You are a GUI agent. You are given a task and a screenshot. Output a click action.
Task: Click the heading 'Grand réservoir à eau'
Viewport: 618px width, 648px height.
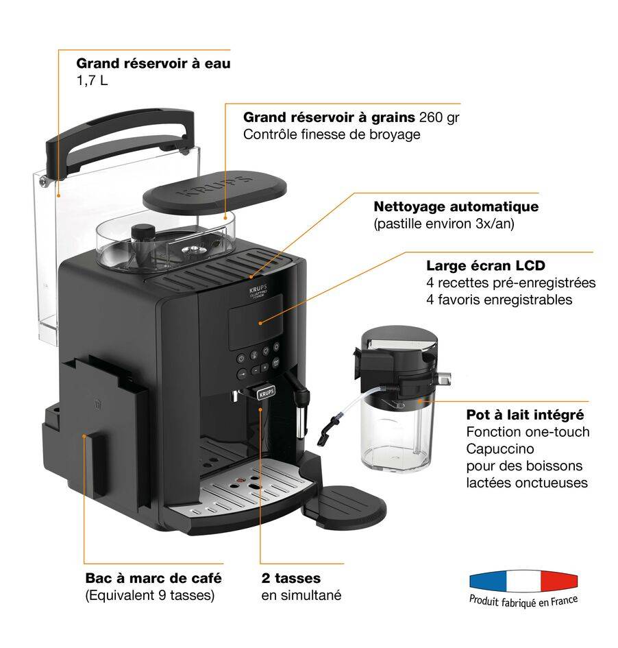click(x=153, y=64)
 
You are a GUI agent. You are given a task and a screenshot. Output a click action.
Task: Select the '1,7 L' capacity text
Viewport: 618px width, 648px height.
click(x=92, y=81)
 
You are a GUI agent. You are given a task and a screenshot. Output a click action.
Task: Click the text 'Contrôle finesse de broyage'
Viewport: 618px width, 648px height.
click(x=332, y=134)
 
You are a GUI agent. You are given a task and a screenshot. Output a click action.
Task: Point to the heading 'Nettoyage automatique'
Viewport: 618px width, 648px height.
click(x=456, y=206)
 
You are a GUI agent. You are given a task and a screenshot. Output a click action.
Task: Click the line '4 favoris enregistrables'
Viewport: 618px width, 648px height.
click(x=499, y=300)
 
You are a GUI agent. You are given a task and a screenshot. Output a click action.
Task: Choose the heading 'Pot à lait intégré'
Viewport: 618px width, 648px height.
click(x=525, y=415)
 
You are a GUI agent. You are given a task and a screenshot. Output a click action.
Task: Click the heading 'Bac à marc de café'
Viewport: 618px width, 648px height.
click(x=153, y=578)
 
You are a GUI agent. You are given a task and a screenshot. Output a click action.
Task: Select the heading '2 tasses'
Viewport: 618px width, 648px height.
click(x=291, y=578)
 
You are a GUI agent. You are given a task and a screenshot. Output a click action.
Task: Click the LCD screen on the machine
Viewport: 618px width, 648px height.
click(x=254, y=321)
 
